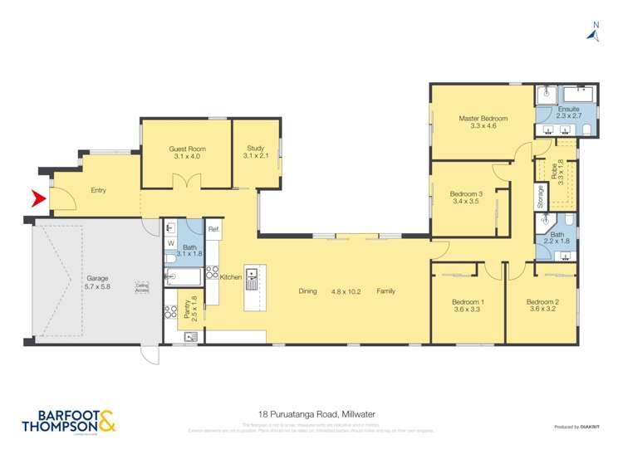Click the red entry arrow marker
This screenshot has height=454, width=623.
[x=37, y=199]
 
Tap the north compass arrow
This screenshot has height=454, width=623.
[x=595, y=32]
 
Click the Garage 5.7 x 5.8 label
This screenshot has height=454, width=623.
[x=97, y=282]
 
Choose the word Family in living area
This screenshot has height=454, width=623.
[x=385, y=291]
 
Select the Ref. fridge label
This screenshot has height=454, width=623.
[x=213, y=229]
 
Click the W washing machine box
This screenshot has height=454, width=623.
[x=171, y=243]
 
